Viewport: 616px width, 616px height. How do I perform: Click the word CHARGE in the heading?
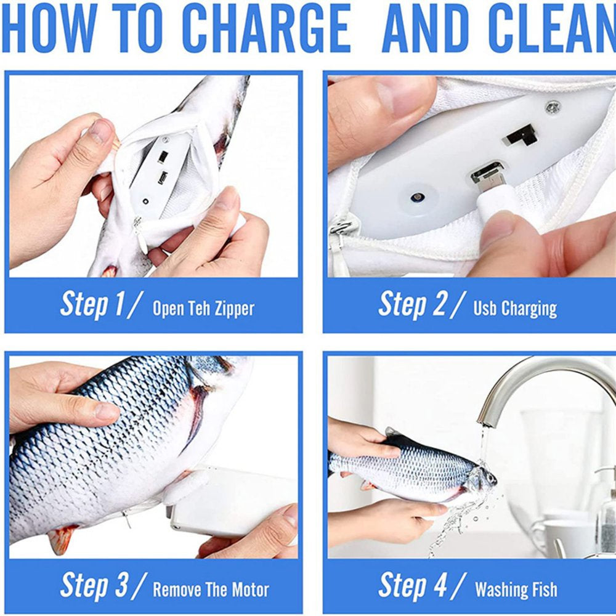[x=267, y=28]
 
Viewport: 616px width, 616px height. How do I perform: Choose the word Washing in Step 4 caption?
[x=501, y=590]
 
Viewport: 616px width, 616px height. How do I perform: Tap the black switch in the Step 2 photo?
[x=519, y=136]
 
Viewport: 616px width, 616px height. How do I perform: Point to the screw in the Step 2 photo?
[x=553, y=107]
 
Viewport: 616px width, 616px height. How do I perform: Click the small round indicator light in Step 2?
[x=417, y=197]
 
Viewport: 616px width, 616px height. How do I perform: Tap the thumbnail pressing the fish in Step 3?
[x=106, y=411]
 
